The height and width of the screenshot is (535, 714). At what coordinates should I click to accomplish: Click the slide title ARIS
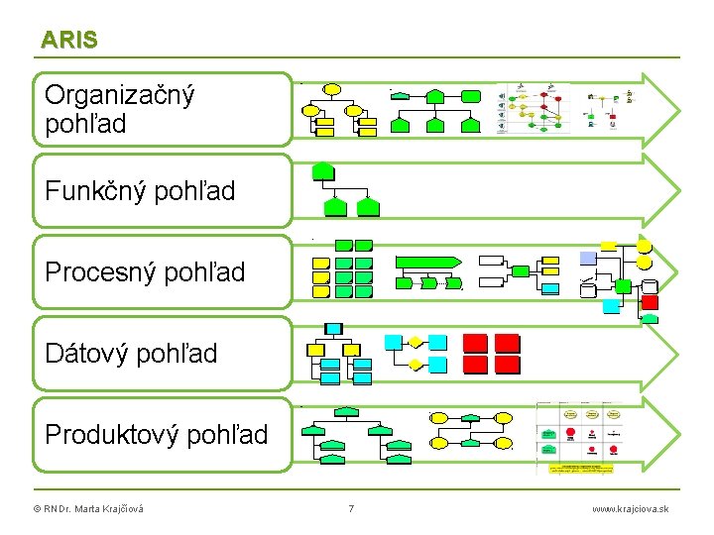[x=69, y=40]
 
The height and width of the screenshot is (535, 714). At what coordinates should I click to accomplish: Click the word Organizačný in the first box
[x=120, y=95]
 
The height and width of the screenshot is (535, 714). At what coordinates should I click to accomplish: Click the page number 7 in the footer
[x=351, y=509]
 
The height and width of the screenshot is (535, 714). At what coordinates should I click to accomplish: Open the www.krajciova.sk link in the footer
[x=630, y=509]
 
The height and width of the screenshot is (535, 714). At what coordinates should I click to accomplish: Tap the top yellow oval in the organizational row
[x=331, y=89]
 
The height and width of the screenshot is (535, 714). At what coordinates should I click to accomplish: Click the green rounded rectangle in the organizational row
[x=471, y=97]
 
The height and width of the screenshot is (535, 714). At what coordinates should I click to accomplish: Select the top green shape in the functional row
[x=322, y=170]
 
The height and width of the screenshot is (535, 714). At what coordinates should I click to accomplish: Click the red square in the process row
[x=651, y=302]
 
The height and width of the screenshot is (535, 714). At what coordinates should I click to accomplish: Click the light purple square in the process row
[x=588, y=257]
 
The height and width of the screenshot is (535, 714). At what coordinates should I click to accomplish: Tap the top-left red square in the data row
[x=476, y=343]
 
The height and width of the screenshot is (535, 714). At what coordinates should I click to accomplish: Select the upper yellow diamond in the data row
[x=416, y=343]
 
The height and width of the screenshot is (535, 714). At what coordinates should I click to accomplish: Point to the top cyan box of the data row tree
[x=334, y=329]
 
